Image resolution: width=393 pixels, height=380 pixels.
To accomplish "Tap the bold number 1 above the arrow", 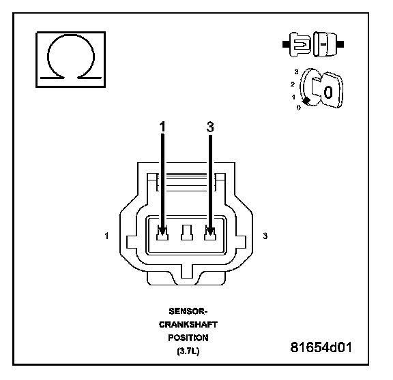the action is pyautogui.click(x=162, y=127).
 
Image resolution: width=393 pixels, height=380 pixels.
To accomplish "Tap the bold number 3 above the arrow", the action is pyautogui.click(x=210, y=127).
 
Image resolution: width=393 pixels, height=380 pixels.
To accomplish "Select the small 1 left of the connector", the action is pyautogui.click(x=106, y=236).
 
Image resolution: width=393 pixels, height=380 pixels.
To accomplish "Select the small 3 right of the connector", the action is pyautogui.click(x=265, y=236).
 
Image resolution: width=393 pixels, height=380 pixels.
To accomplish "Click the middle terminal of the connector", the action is pyautogui.click(x=187, y=233).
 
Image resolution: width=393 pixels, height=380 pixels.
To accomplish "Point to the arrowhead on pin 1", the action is pyautogui.click(x=162, y=231).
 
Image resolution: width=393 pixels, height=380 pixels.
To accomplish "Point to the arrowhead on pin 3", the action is pyautogui.click(x=210, y=231).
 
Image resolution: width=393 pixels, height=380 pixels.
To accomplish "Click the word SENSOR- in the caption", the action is pyautogui.click(x=188, y=311).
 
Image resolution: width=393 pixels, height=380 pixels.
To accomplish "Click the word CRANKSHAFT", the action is pyautogui.click(x=188, y=324).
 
